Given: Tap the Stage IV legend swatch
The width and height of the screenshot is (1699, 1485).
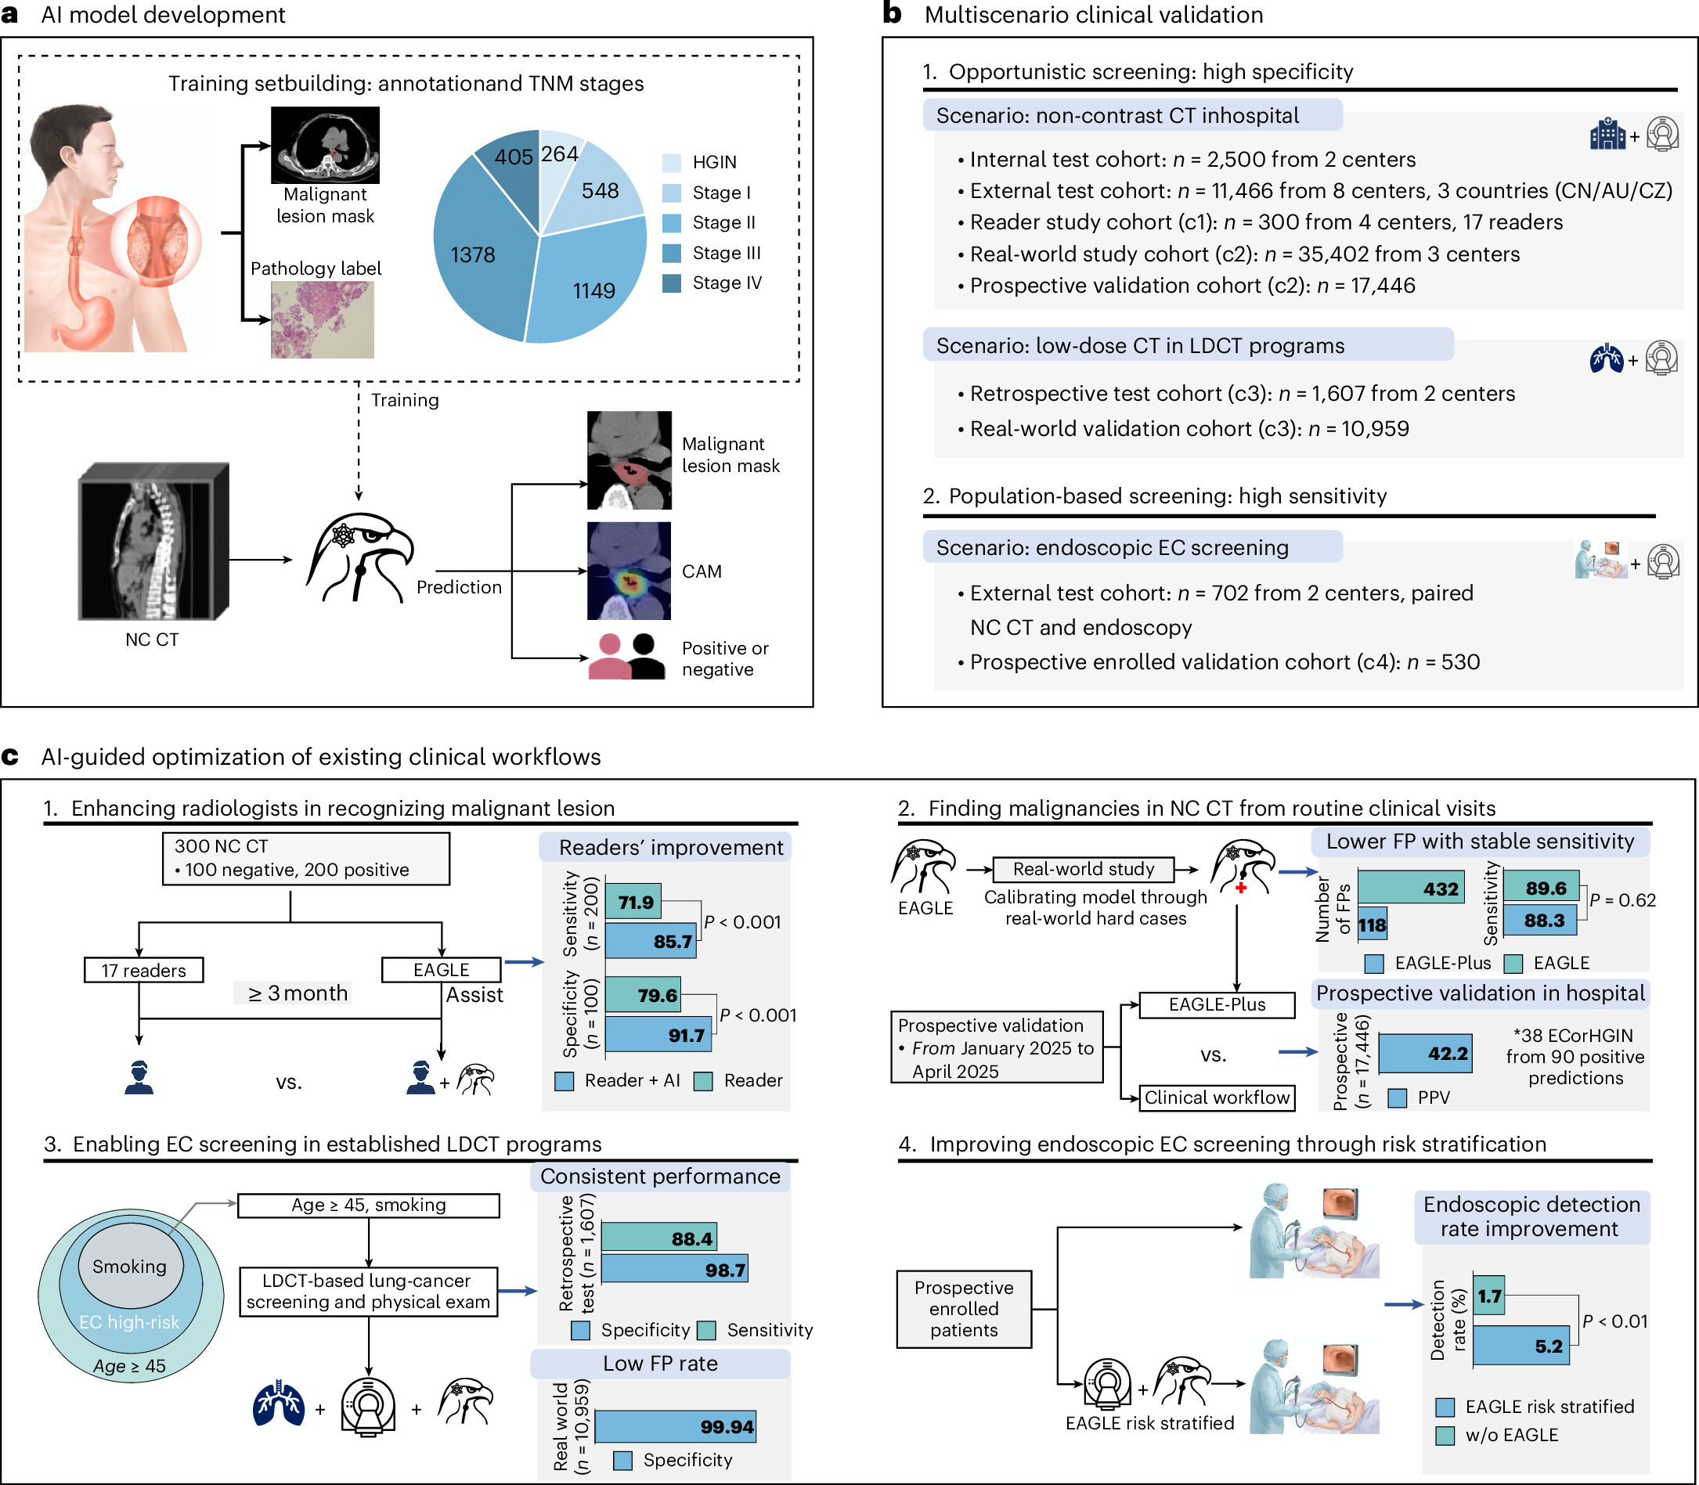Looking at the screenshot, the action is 671,283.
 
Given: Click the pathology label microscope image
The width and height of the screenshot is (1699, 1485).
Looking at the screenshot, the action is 323,320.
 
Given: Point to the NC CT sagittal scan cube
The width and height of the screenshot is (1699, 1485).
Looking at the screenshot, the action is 153,541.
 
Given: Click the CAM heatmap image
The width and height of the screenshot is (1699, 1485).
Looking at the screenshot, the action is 629,571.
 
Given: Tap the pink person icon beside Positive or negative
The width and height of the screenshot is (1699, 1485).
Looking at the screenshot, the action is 610,656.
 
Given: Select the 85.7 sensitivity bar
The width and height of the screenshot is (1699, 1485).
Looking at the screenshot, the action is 651,942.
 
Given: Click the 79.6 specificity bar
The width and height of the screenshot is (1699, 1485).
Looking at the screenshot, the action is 643,994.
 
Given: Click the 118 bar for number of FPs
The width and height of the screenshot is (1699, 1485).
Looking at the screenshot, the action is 1373,925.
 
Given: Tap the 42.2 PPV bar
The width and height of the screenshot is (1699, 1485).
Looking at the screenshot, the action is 1426,1053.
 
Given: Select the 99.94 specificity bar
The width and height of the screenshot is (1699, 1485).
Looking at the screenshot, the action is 676,1426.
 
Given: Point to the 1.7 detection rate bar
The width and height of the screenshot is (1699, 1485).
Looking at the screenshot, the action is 1489,1296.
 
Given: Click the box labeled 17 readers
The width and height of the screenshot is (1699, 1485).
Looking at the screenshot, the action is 144,971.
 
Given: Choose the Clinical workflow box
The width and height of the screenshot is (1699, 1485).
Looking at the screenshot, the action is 1217,1098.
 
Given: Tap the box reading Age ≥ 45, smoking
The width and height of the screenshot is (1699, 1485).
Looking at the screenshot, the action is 369,1205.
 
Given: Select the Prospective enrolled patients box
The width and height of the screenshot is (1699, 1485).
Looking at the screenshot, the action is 965,1310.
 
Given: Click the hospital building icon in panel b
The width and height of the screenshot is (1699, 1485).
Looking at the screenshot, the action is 1608,134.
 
